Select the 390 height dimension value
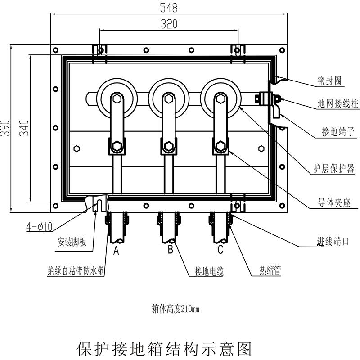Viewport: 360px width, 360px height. [x=5, y=128]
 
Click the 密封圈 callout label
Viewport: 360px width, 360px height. [x=329, y=81]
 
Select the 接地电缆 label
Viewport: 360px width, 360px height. [x=209, y=271]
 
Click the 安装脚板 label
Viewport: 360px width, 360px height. [x=72, y=243]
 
